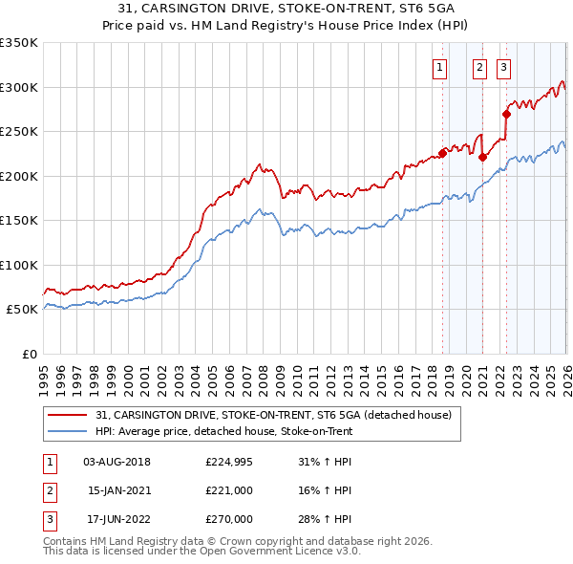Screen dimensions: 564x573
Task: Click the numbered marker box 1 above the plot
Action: click(440, 67)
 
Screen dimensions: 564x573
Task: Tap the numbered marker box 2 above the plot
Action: click(478, 67)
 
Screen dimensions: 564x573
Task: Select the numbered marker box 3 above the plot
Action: click(503, 67)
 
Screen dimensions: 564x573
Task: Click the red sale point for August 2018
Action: click(442, 151)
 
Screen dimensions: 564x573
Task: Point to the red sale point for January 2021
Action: click(483, 158)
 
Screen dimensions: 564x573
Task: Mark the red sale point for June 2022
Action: click(506, 114)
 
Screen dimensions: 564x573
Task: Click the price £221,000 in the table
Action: click(229, 490)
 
